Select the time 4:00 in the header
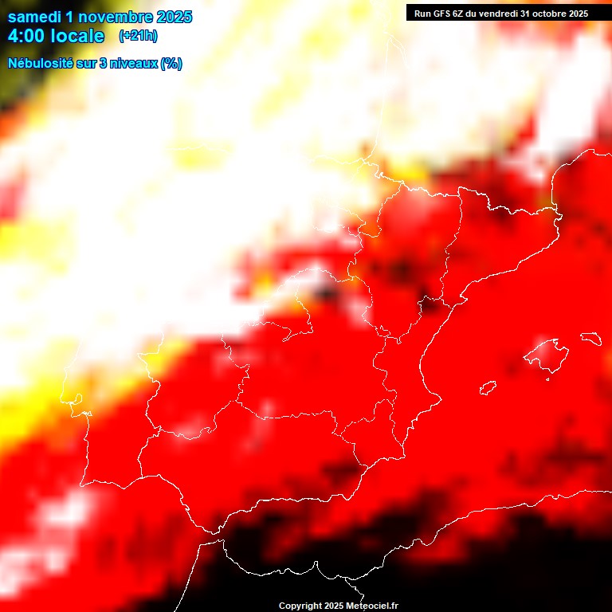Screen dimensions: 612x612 click(26, 36)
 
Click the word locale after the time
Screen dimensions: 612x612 click(77, 36)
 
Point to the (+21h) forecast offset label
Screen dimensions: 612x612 click(138, 36)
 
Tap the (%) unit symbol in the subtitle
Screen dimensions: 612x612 click(171, 64)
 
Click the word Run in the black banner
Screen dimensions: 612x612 click(422, 14)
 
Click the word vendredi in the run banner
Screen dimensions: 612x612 click(502, 14)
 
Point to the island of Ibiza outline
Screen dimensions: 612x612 click(488, 388)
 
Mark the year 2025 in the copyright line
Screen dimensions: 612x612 click(334, 606)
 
